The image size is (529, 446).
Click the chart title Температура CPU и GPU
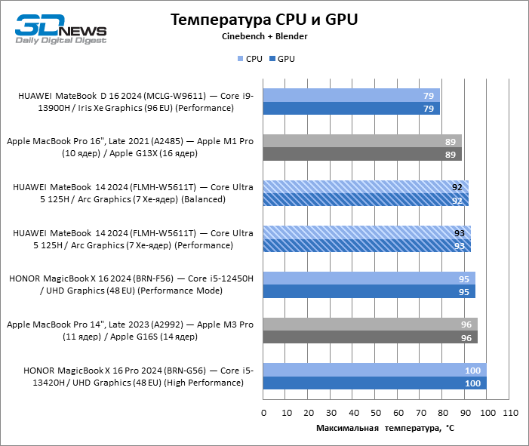tap(263, 19)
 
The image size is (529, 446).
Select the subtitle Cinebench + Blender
tap(264, 36)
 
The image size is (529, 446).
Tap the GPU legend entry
tap(281, 59)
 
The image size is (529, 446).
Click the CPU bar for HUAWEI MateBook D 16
tap(351, 96)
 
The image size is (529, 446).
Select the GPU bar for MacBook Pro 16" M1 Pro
tap(362, 155)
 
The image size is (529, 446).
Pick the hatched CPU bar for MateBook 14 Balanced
tap(365, 186)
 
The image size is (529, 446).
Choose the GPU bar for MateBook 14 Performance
tap(367, 245)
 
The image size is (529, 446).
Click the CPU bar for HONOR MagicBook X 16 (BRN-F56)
tap(369, 278)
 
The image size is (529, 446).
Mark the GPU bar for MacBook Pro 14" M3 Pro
tap(370, 337)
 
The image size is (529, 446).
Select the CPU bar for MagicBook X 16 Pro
tap(374, 370)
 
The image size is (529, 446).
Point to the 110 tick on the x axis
tap(509, 413)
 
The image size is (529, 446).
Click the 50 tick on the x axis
tap(375, 413)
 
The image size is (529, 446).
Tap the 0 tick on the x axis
tap(263, 413)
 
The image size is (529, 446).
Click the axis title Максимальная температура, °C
tap(385, 429)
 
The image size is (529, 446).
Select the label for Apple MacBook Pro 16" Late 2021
tap(130, 147)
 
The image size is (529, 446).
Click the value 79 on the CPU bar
tap(429, 96)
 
